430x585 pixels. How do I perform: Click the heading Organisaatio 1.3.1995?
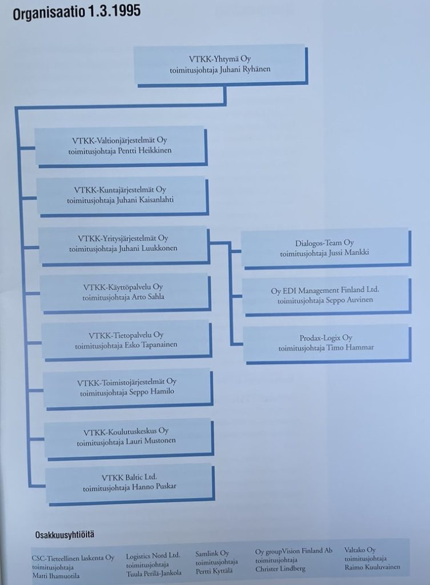[77, 13]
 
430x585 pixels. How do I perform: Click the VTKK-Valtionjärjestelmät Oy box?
[121, 147]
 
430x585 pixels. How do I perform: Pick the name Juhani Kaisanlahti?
[145, 199]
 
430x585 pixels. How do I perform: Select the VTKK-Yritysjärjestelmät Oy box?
[124, 246]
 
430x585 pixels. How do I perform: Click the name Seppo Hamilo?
[151, 392]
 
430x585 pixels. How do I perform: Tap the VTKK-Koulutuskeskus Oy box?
[129, 439]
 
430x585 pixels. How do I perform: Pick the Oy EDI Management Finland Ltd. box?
[327, 296]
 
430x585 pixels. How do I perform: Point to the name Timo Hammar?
[350, 347]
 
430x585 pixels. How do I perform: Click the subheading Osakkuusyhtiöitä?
[65, 535]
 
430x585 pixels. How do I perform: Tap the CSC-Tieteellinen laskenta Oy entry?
[73, 566]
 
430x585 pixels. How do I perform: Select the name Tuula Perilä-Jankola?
[154, 573]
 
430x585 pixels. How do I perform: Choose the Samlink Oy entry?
[216, 562]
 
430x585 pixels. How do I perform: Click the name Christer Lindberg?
[280, 569]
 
